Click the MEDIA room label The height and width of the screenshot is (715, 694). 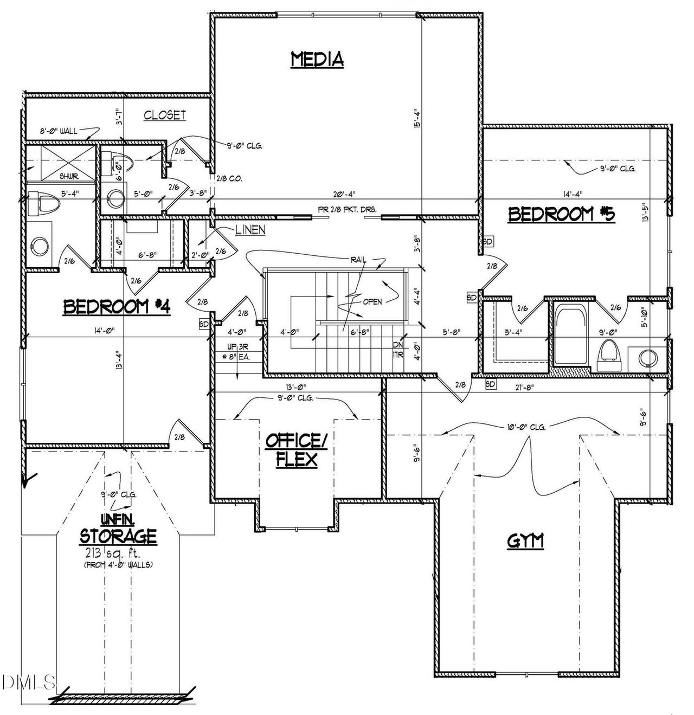tap(317, 59)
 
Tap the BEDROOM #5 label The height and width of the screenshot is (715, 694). tap(561, 215)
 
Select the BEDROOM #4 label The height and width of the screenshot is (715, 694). tap(117, 307)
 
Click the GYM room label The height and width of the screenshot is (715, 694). tap(525, 540)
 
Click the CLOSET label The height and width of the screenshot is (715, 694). tap(165, 115)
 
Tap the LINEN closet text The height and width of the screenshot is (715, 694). tap(250, 230)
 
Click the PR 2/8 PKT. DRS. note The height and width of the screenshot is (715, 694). tap(347, 209)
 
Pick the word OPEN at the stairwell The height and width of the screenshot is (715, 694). tap(372, 302)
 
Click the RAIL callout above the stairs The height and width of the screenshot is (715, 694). tap(357, 260)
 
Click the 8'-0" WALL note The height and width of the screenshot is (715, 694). tap(59, 131)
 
